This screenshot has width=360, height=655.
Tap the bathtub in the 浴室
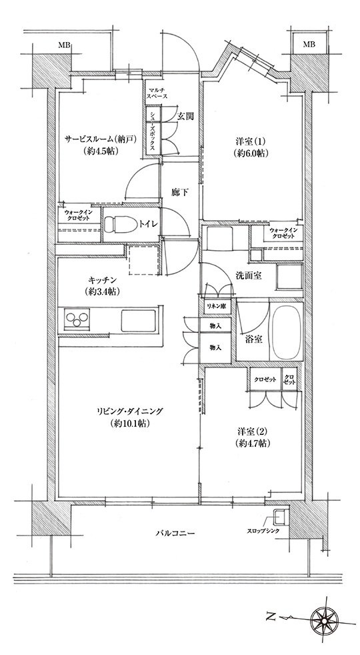pyautogui.click(x=285, y=331)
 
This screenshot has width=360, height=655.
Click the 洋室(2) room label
pyautogui.click(x=250, y=438)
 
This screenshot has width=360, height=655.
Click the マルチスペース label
pyautogui.click(x=157, y=92)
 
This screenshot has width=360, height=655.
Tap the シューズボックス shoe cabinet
pyautogui.click(x=153, y=131)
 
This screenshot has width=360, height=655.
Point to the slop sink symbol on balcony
pyautogui.click(x=279, y=516)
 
